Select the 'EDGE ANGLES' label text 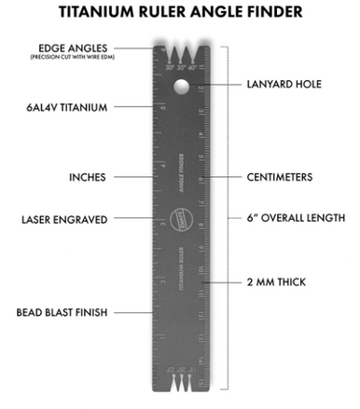tap(72, 48)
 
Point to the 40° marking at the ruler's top tap(194, 67)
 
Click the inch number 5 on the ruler tap(163, 107)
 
